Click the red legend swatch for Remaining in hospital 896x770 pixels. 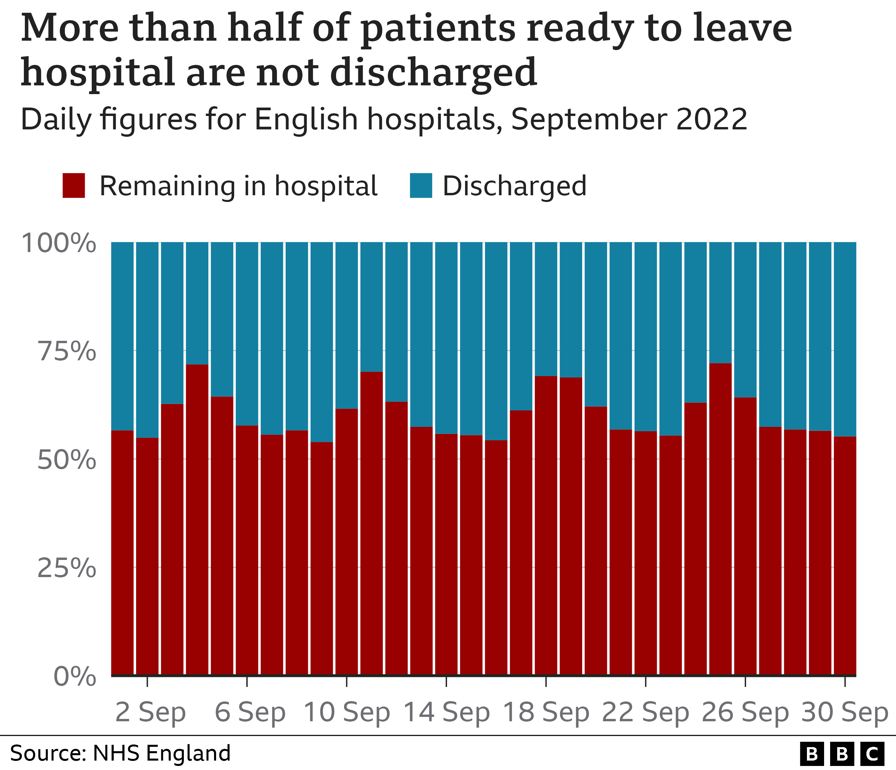click(x=74, y=186)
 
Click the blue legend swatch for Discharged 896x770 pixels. click(x=421, y=186)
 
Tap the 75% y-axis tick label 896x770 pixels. click(x=66, y=351)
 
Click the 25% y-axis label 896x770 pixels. click(x=66, y=568)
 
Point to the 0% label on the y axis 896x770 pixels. click(x=74, y=677)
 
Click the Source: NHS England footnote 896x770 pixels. click(x=120, y=753)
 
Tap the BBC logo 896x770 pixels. click(x=842, y=754)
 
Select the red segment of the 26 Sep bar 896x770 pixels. click(x=745, y=536)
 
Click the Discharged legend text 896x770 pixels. click(x=514, y=186)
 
